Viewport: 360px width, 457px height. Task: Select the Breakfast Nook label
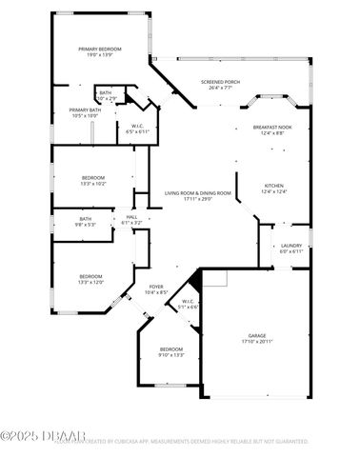click(272, 127)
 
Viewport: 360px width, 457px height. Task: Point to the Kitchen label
click(273, 186)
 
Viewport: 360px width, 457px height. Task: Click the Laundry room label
click(291, 246)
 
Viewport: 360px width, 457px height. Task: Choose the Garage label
click(257, 335)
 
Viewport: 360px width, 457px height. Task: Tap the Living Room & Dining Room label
click(198, 193)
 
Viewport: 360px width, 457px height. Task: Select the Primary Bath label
click(85, 110)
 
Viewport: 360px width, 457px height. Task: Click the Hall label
click(132, 217)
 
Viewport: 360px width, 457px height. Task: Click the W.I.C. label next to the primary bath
click(137, 126)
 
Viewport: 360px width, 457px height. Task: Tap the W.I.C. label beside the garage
click(188, 301)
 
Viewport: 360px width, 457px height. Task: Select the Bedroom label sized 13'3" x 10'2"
click(92, 178)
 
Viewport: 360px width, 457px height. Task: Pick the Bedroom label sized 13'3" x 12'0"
click(90, 276)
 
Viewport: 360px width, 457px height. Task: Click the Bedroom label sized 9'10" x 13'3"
click(171, 349)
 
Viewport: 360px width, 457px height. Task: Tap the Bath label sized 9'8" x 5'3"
click(86, 219)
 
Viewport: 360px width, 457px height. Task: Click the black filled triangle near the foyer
click(195, 281)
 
